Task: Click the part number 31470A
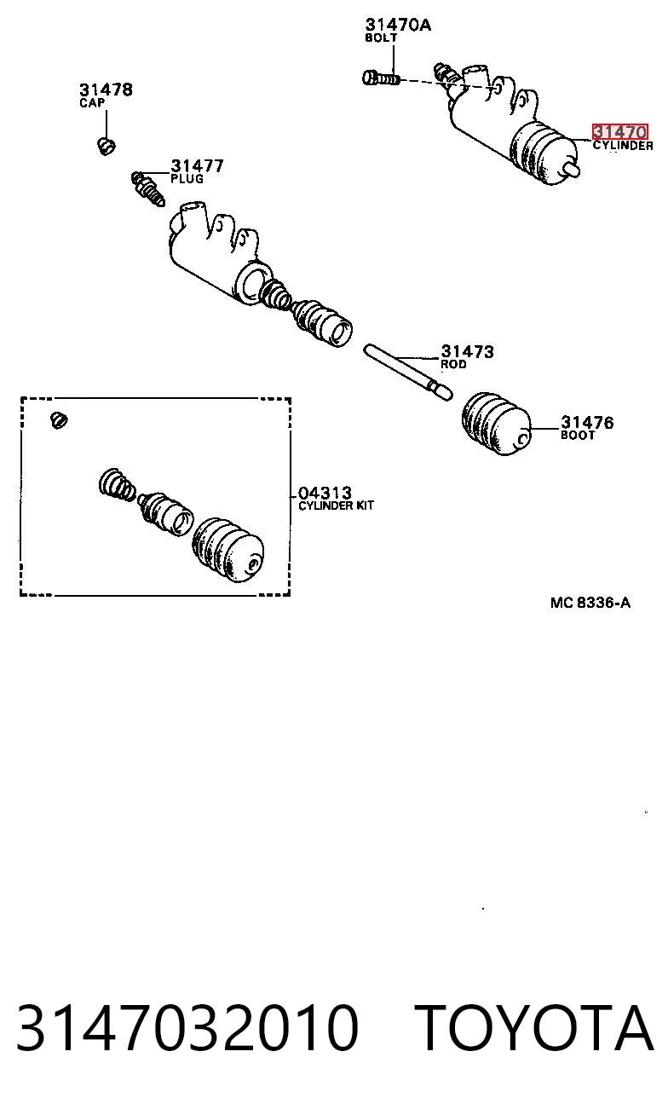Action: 398,25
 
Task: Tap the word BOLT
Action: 381,38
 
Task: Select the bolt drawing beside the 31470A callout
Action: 381,78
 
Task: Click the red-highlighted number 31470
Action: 619,132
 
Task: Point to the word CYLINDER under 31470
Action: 623,146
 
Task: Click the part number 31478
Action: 106,90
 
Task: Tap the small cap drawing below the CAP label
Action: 106,146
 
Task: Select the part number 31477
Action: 197,165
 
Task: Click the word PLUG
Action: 187,179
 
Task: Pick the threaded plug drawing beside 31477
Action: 148,188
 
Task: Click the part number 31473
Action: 467,351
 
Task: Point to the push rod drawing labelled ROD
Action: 408,372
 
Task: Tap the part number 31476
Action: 587,422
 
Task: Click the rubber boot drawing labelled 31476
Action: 496,425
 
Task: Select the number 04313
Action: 325,493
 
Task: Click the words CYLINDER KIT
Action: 336,506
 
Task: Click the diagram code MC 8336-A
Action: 590,603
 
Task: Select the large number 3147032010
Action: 187,1028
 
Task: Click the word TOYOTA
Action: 533,1028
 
